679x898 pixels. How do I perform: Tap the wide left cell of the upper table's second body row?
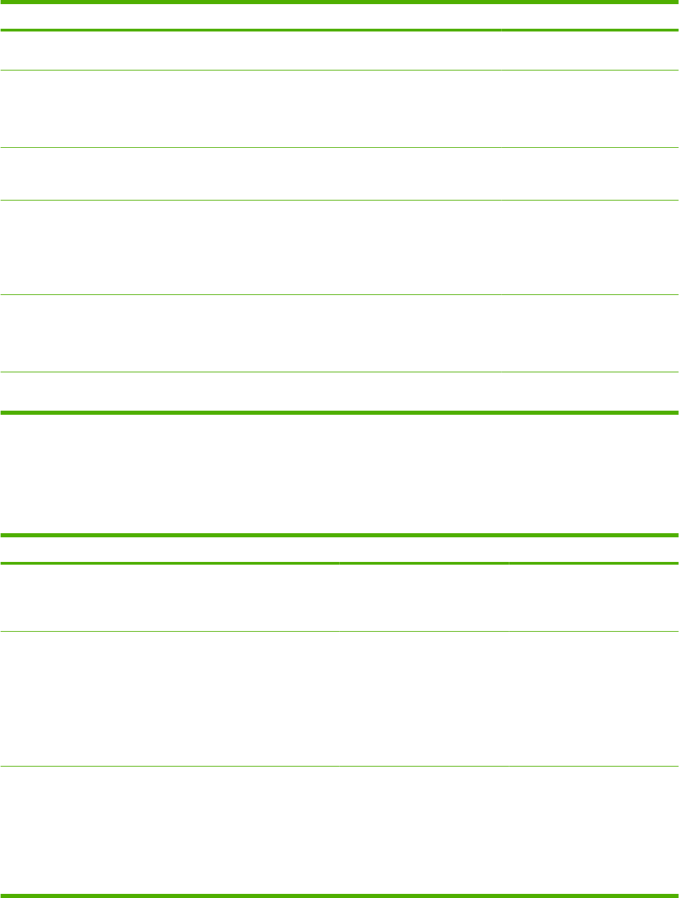click(250, 109)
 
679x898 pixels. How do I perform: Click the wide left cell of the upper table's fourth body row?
click(250, 247)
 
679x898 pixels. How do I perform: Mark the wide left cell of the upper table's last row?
click(250, 392)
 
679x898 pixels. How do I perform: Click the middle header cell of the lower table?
click(424, 550)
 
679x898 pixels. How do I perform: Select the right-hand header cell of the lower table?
click(594, 550)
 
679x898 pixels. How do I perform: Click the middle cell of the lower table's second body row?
click(424, 698)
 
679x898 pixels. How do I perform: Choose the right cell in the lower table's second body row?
click(594, 698)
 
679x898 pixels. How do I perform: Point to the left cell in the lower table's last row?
click(170, 829)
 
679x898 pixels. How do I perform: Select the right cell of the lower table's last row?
click(594, 829)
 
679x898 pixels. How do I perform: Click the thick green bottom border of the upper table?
click(339, 413)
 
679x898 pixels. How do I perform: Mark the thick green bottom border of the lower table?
click(339, 895)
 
